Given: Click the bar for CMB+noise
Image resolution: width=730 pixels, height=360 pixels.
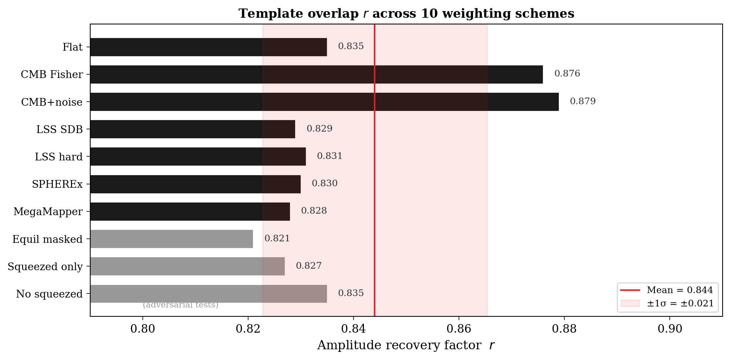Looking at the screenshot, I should point(324,102).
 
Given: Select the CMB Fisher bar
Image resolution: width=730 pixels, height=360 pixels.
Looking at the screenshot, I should point(316,74).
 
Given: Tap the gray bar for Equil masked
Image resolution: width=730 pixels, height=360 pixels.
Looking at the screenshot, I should point(171,239).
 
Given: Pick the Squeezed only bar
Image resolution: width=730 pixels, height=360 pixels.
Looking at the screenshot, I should point(187,266).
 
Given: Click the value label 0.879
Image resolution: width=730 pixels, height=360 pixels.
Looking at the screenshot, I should point(582,101).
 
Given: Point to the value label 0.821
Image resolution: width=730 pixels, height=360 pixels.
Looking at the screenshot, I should point(277,238).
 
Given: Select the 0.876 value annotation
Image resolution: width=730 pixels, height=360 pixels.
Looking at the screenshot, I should point(567,74).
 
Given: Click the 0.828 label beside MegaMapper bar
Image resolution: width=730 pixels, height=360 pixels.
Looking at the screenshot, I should point(314,211).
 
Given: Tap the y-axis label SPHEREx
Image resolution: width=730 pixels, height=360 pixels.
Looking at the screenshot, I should point(57,184).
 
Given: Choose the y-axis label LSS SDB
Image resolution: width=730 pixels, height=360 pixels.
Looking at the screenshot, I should point(59,129).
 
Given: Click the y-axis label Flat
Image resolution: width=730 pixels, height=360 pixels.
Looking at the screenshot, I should point(72,47).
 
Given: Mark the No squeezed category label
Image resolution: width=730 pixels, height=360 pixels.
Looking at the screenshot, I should point(49,294).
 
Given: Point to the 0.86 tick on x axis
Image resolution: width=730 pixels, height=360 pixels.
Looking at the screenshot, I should point(459,329).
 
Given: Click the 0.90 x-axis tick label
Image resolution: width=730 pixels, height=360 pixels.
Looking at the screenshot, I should point(669,329).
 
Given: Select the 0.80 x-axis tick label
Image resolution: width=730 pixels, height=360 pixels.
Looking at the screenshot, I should point(142,329).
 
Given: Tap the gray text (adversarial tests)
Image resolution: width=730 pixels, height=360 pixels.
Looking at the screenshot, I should point(180,305).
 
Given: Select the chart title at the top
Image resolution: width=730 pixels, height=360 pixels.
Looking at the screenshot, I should point(406,14).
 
